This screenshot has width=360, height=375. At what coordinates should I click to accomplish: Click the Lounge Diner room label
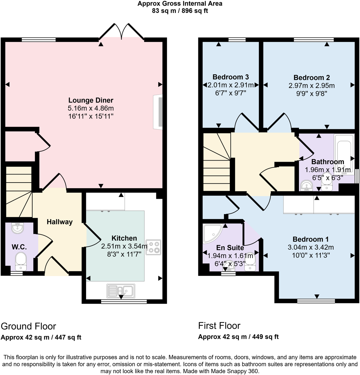91,100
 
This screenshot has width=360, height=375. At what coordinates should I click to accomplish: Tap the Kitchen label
124,238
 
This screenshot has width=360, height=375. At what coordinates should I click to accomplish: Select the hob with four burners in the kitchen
153,247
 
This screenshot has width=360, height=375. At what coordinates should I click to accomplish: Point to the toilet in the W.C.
21,261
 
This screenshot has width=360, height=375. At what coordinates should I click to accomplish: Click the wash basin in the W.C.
17,228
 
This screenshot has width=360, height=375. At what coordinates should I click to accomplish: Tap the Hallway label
60,222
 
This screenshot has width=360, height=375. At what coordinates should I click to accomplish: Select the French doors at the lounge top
122,32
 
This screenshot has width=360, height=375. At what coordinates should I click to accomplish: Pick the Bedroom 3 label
231,77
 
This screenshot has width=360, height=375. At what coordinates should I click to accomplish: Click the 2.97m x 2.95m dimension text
312,86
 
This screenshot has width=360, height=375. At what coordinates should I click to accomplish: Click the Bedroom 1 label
311,239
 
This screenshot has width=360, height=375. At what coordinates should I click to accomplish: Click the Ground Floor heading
29,326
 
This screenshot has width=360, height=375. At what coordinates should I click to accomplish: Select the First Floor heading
219,326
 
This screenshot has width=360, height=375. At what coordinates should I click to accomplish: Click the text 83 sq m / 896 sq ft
180,11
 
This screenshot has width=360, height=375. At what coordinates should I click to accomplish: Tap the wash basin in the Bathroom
307,186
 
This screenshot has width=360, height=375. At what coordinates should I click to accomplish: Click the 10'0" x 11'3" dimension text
311,255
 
